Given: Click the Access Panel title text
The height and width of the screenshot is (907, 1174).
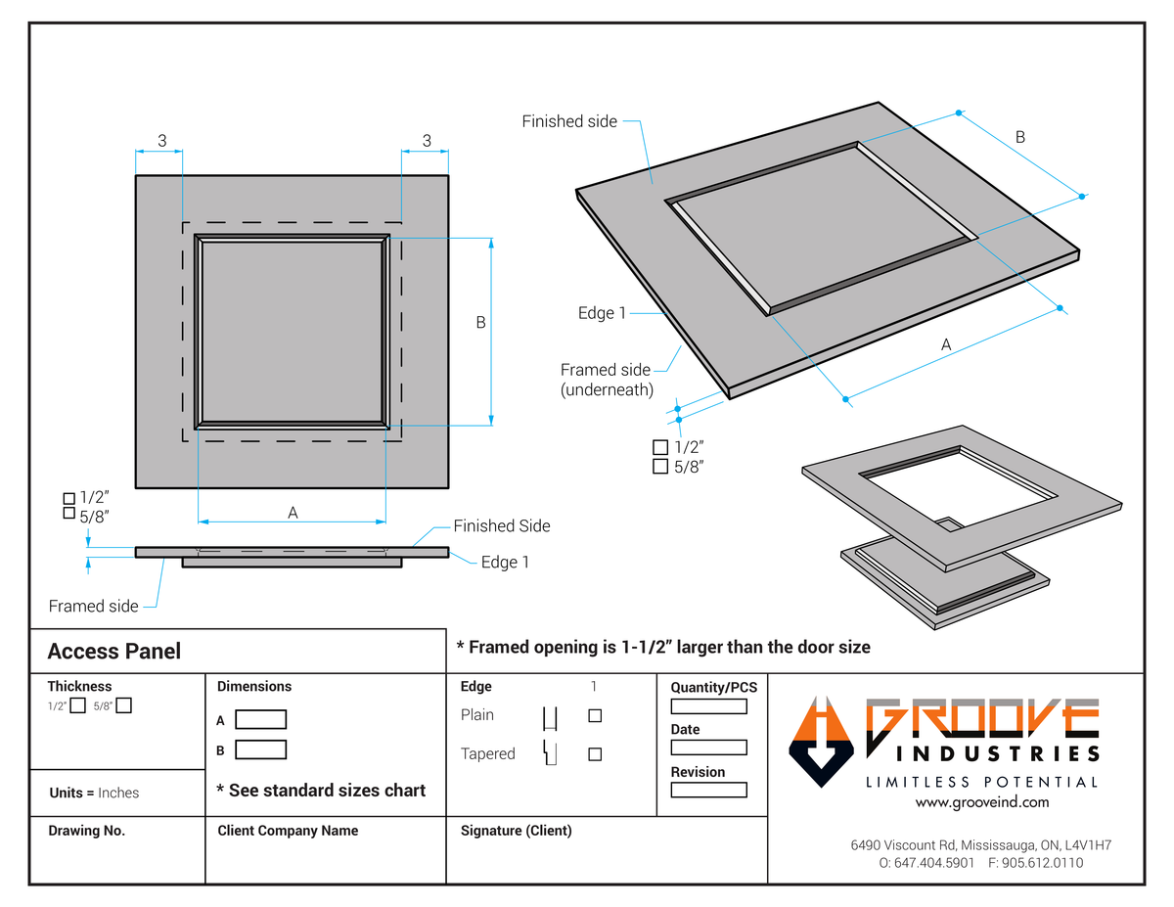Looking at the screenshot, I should point(114,651).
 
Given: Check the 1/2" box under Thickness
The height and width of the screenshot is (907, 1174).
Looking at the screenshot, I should point(78,706).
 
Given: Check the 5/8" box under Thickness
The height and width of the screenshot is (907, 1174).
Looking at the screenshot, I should point(124,706).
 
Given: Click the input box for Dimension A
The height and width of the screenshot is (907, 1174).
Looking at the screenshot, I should point(260,720).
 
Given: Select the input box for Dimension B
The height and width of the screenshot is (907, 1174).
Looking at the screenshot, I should point(260,750).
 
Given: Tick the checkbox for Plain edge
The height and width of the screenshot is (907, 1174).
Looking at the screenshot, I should point(595,715).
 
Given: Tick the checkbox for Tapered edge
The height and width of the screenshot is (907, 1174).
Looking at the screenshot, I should point(595,754).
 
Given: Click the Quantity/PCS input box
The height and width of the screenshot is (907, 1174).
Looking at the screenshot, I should point(708,706).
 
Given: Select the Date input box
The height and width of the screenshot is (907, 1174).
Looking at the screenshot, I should point(708,748).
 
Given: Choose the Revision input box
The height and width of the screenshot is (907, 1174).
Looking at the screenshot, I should point(708,790).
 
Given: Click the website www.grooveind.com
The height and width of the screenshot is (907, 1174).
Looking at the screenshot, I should point(981,802).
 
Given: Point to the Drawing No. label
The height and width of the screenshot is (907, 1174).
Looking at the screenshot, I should point(87,831).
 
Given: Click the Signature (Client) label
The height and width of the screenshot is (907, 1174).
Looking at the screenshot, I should point(516,831).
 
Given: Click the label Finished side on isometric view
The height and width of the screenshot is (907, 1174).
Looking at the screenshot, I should point(569,121).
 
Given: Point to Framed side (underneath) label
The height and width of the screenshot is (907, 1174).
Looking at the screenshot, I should point(605,380).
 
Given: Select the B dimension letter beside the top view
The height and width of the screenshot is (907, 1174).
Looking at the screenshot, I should point(480,322).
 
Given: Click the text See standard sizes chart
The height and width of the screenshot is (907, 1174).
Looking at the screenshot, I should point(321,791).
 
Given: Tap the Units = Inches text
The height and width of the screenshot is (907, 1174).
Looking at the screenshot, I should point(94,793).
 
